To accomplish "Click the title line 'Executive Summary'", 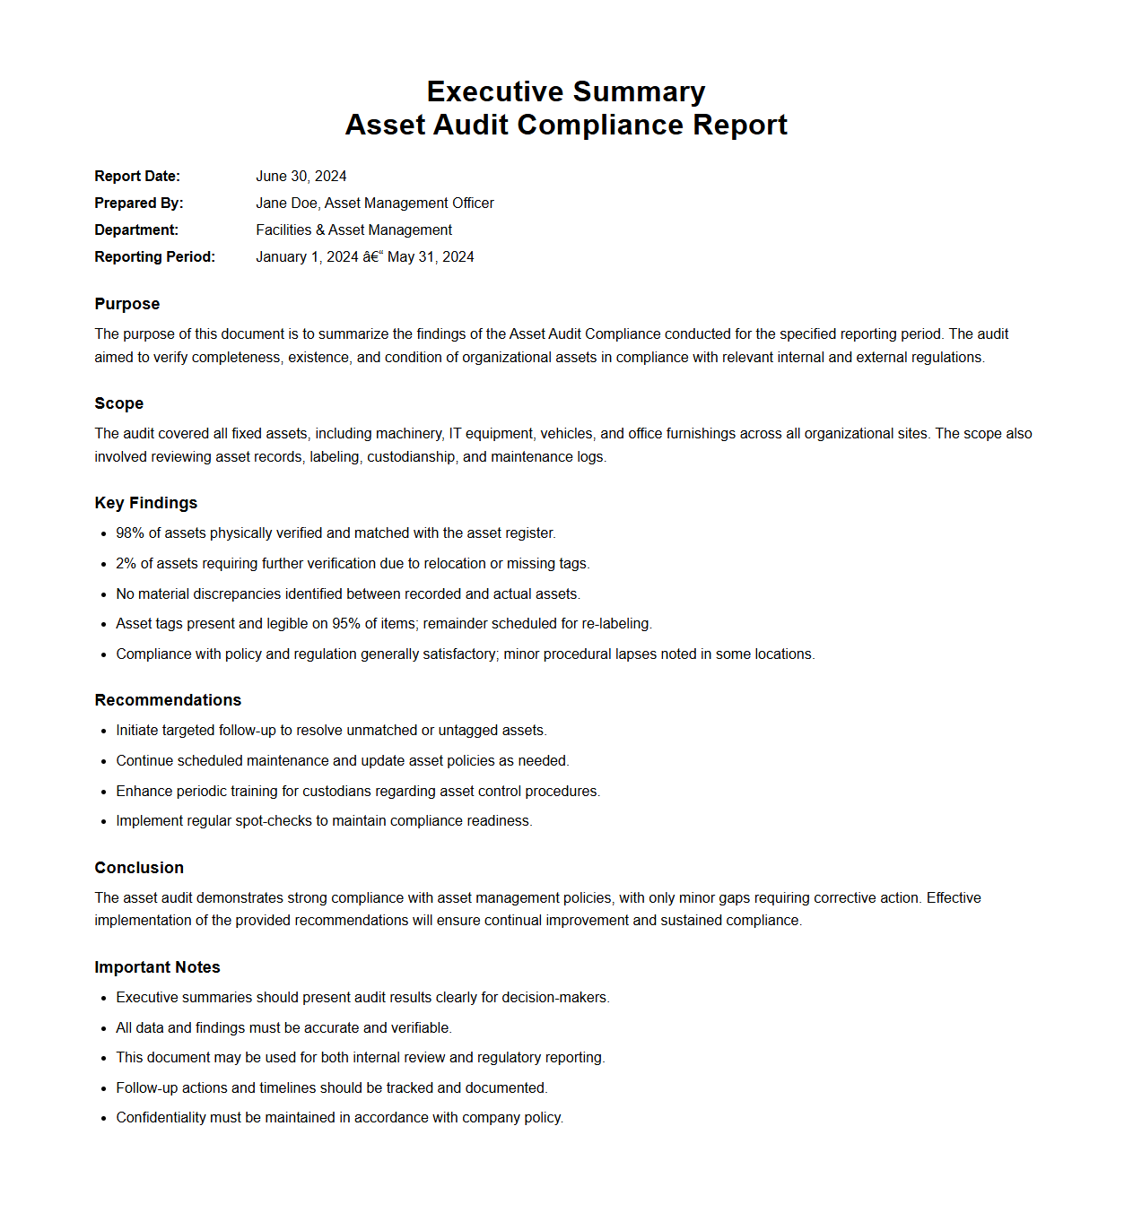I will tap(566, 91).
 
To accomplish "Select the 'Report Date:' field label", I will tap(137, 177).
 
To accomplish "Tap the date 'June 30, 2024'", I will tap(301, 177).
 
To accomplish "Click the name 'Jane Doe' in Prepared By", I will tap(286, 204).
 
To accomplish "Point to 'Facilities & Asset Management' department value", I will tap(353, 230).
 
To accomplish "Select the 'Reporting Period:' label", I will tap(154, 257).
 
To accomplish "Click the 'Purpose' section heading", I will tap(126, 304).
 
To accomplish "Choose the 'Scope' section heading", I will tap(118, 403).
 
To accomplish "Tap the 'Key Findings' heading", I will tap(145, 503).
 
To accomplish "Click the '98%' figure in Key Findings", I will tap(130, 533).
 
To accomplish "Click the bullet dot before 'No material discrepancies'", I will tap(104, 594).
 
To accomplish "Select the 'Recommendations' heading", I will tap(168, 700).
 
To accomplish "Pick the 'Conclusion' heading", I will tap(139, 868).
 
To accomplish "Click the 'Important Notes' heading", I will tap(157, 967).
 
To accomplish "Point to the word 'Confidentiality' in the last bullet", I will tap(161, 1118).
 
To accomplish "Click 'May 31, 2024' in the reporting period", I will tap(431, 257).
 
